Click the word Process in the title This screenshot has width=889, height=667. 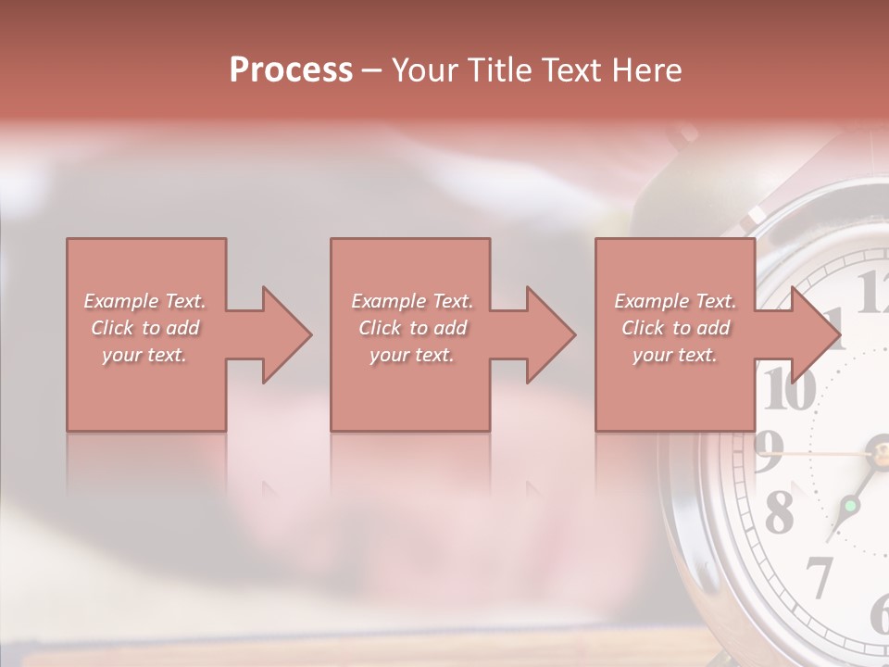pos(291,69)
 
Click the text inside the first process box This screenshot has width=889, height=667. pos(144,328)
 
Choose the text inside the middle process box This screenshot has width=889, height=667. pos(411,328)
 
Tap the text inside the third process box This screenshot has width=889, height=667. pos(675,328)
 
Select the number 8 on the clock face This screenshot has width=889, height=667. pos(780,511)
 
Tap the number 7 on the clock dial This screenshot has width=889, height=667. pos(819,577)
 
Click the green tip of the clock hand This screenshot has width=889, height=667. pos(849,506)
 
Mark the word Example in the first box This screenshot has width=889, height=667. pos(120,301)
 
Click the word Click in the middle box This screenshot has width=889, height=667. pos(379,328)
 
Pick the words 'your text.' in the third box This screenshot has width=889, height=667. pos(675,355)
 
